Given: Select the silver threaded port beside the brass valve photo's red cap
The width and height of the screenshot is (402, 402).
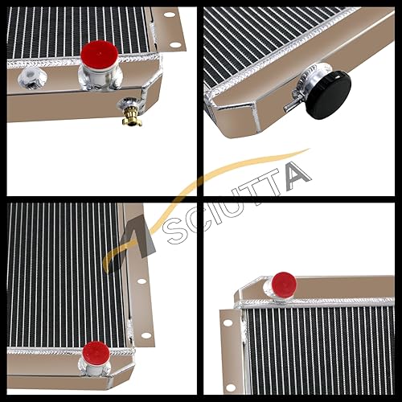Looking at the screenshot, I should click(x=31, y=78).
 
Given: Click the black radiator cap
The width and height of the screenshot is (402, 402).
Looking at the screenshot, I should click(x=330, y=94).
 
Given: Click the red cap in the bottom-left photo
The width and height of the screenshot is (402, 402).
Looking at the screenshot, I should click(x=96, y=353).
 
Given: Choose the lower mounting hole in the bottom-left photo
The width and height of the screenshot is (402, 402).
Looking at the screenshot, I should click(x=146, y=334).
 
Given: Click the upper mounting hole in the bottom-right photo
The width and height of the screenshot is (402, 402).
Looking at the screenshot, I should click(x=228, y=322).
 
